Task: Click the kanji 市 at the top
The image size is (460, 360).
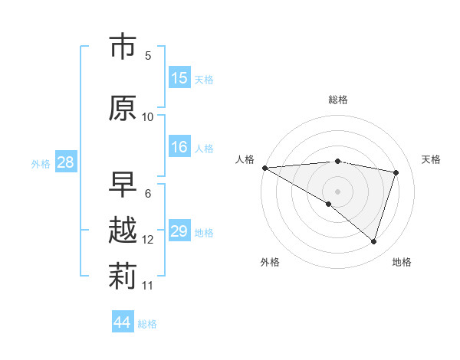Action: pos(123,48)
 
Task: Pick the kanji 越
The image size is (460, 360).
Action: pos(123,231)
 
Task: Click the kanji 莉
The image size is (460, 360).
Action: pos(123,277)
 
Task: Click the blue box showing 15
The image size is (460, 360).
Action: pos(179,78)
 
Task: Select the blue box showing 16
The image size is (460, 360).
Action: pos(179,147)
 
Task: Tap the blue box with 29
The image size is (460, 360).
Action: pos(179,231)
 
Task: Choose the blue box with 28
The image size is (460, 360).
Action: pos(64,162)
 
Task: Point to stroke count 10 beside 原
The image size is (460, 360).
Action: pos(148,116)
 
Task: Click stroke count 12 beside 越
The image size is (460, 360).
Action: pos(148,239)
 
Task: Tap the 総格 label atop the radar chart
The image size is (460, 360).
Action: pos(338,100)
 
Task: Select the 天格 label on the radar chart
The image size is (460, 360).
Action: pos(432,159)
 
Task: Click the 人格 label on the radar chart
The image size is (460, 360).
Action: pos(245,159)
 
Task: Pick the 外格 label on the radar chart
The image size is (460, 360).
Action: pos(270,262)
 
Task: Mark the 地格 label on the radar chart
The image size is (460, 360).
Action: pos(402,262)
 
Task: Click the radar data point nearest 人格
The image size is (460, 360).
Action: pos(264,167)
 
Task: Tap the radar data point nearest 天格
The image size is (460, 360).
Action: pos(396,172)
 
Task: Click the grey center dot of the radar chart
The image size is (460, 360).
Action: pos(337,191)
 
